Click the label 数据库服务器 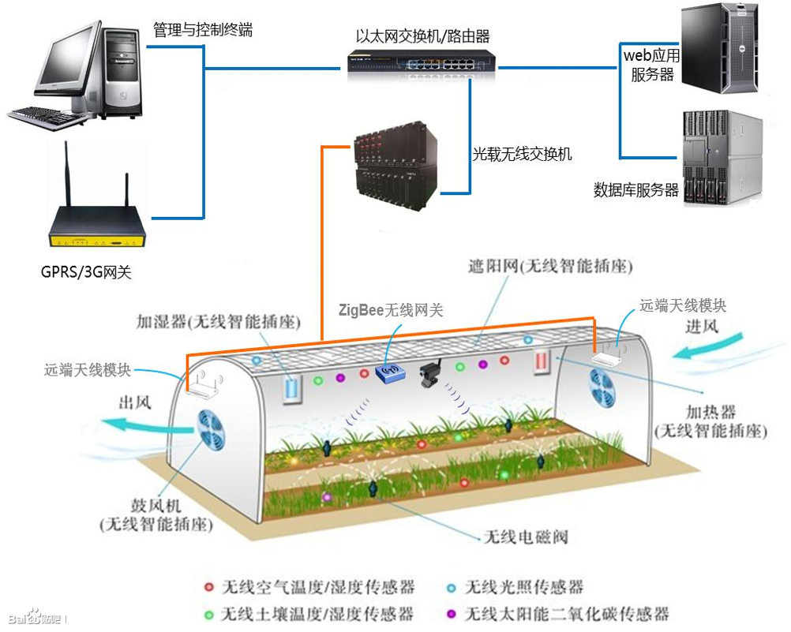point(636,189)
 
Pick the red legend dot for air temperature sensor point(208,587)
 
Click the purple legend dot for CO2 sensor point(452,613)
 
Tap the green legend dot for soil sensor point(208,613)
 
